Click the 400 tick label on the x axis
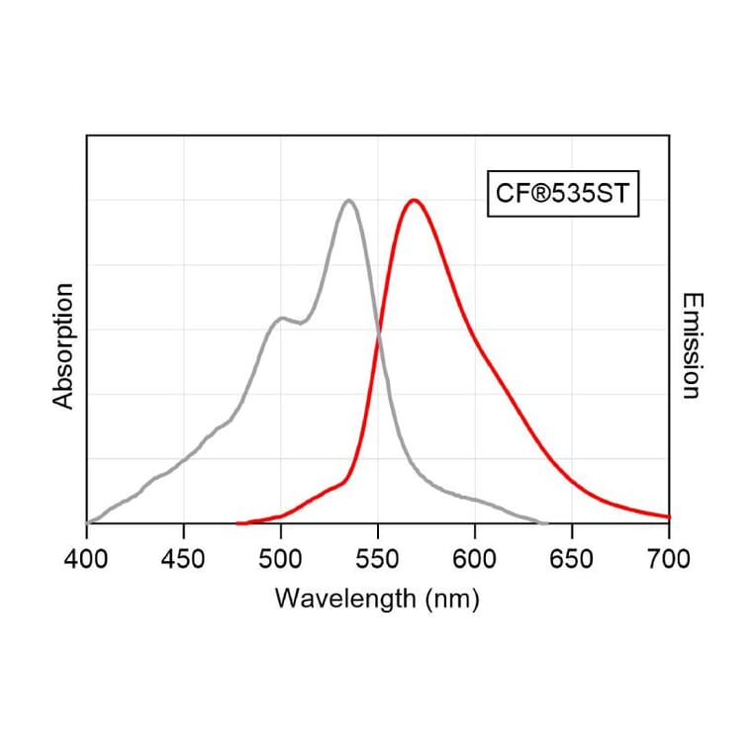pos(87,559)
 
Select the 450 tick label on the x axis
pos(183,559)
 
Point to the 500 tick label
pos(280,559)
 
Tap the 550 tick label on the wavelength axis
pos(377,559)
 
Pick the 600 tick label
pos(474,559)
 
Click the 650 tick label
pos(572,559)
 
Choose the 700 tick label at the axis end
pos(668,559)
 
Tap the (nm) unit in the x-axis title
pos(450,599)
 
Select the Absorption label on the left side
pos(64,345)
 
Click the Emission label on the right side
pos(691,345)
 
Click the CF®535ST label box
pos(562,194)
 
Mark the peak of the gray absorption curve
pos(348,201)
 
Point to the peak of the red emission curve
pos(414,201)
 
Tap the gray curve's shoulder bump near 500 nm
pos(283,318)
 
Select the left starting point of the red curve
pos(237,522)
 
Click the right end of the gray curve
pos(546,522)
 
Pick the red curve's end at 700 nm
pos(669,517)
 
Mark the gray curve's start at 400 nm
pos(88,522)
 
